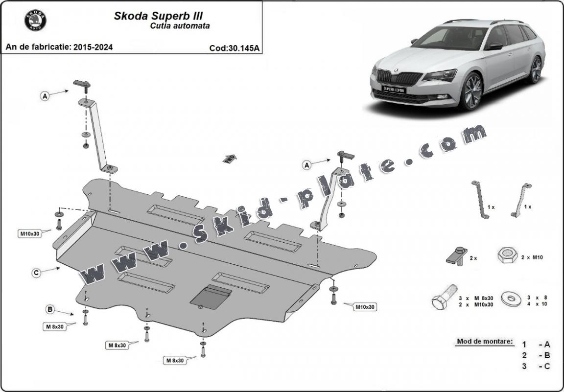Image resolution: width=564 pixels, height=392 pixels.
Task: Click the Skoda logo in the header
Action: pyautogui.click(x=35, y=20)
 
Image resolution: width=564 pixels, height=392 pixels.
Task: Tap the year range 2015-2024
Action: pyautogui.click(x=93, y=47)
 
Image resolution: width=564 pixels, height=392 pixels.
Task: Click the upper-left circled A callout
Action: pyautogui.click(x=45, y=96)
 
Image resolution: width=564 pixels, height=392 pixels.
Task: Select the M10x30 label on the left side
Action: pyautogui.click(x=29, y=233)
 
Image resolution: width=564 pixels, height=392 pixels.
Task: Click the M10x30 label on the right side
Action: pyautogui.click(x=365, y=307)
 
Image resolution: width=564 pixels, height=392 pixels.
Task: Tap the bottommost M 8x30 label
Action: pyautogui.click(x=175, y=361)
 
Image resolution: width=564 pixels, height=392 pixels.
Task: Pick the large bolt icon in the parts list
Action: pyautogui.click(x=445, y=297)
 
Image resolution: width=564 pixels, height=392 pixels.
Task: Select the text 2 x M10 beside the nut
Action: pyautogui.click(x=531, y=257)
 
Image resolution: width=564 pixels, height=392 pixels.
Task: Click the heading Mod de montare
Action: pyautogui.click(x=485, y=341)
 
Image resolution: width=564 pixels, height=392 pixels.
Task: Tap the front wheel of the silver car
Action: pyautogui.click(x=471, y=92)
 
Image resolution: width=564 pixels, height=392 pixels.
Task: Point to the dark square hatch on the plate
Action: pyautogui.click(x=211, y=297)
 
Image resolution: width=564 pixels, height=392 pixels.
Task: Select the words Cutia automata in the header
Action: pyautogui.click(x=180, y=26)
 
